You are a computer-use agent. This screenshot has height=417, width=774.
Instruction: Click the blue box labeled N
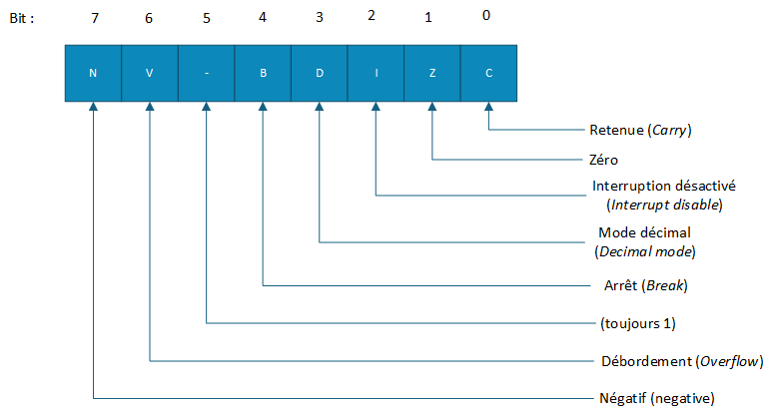[x=93, y=73]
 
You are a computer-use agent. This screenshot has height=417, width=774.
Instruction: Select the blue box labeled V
[x=149, y=73]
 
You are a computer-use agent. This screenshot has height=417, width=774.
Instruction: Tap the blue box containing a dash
[x=206, y=73]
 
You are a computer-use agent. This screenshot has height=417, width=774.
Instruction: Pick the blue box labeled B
[x=263, y=73]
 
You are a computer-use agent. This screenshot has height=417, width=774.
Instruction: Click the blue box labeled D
[x=319, y=73]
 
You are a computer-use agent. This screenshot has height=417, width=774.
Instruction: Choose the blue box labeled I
[x=376, y=73]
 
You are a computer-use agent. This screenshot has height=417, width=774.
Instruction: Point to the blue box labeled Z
[x=432, y=73]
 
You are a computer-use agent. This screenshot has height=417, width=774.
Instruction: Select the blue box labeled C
[x=488, y=73]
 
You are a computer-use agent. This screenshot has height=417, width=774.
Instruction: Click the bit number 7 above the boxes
[x=95, y=19]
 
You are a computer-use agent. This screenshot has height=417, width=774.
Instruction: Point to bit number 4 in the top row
[x=264, y=19]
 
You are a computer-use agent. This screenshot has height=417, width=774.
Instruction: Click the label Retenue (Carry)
[x=641, y=130]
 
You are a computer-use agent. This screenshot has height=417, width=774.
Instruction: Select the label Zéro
[x=604, y=159]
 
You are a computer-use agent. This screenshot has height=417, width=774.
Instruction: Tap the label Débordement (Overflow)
[x=677, y=360]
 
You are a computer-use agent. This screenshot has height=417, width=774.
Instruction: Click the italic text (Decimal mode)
[x=644, y=250]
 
